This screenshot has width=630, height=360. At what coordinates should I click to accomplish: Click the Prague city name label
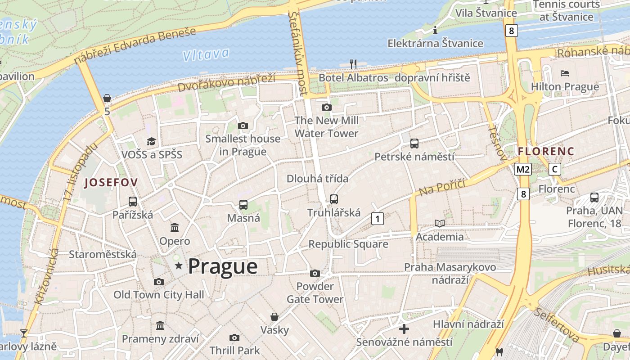(223, 266)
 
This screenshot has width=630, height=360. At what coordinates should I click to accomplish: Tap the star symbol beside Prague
(179, 266)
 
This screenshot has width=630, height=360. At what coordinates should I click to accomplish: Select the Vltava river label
(206, 54)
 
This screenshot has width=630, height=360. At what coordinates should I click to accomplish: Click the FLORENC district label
(546, 151)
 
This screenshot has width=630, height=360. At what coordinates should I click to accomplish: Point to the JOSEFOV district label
(111, 182)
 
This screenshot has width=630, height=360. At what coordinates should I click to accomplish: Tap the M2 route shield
(523, 169)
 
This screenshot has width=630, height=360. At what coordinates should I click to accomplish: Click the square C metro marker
(555, 169)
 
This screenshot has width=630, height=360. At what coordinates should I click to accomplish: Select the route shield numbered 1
(378, 219)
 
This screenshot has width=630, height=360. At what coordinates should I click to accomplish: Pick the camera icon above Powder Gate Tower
(315, 273)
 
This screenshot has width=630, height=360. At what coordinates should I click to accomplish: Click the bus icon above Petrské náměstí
(414, 144)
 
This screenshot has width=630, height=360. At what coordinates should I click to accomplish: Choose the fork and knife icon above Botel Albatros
(353, 64)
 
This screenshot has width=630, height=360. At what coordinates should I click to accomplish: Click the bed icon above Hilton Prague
(565, 73)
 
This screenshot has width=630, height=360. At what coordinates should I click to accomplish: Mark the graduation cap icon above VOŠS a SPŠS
(151, 141)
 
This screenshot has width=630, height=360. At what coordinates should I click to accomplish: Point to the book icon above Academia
(439, 223)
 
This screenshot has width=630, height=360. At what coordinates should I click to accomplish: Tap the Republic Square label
(348, 244)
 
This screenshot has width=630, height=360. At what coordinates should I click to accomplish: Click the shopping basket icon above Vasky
(274, 317)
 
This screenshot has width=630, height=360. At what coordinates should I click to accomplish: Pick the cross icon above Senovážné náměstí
(404, 329)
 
